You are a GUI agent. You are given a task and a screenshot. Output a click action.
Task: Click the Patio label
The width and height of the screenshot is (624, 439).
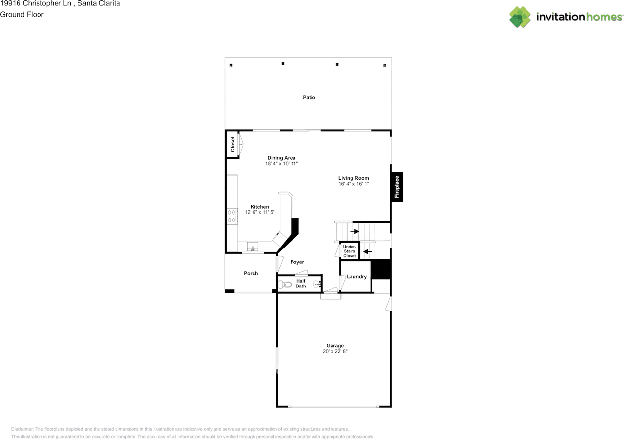tap(309, 97)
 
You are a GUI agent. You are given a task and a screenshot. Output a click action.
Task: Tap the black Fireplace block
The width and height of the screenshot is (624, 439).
tap(397, 188)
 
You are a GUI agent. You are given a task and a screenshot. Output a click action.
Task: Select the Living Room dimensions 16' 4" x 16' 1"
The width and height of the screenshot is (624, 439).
tap(353, 184)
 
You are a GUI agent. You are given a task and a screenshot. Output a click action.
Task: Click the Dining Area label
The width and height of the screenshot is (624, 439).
tap(281, 158)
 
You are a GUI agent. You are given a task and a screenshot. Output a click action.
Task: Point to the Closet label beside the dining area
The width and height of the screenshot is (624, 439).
tap(233, 144)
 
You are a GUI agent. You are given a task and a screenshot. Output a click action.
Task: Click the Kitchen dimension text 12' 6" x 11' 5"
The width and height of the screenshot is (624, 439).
tap(260, 212)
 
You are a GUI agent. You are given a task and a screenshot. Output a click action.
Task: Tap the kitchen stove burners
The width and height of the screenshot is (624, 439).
tap(232, 216)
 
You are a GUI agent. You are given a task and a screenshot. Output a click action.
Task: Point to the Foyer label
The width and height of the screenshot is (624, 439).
tap(297, 262)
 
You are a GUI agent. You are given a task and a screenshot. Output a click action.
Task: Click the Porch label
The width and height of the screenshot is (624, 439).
tap(251, 273)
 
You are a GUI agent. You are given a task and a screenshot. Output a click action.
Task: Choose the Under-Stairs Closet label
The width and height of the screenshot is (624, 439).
tap(349, 251)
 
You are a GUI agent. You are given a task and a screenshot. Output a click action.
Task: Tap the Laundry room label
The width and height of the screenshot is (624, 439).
tap(357, 277)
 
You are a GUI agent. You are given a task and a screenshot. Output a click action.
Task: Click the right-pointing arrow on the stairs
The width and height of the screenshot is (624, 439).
tap(354, 231)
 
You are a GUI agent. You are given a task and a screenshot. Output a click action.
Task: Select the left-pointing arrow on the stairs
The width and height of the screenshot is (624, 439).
tap(368, 252)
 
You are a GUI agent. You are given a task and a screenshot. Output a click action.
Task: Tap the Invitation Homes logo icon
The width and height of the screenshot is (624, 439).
tap(520, 17)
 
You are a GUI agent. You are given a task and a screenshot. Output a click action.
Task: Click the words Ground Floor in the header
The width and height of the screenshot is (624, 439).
tap(22, 14)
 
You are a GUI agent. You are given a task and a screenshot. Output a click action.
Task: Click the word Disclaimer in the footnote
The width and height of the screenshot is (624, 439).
tap(23, 429)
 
